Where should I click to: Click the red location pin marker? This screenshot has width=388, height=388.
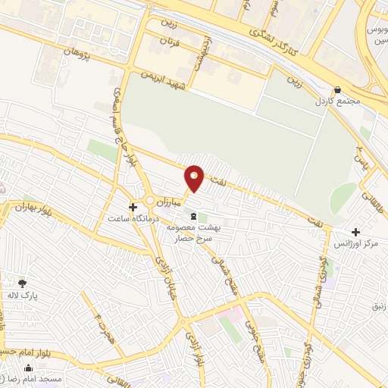click(195, 177)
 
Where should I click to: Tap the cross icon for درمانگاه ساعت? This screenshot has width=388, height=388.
click(133, 206)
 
